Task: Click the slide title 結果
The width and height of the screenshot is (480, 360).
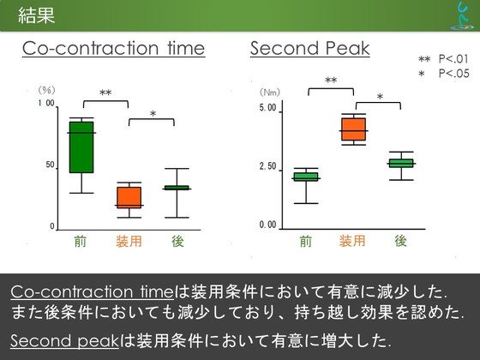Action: tap(36, 15)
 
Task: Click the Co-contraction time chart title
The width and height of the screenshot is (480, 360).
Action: tap(113, 48)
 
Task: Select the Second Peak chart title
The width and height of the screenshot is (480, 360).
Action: tap(309, 48)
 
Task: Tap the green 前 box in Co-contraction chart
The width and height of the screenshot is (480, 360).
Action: tap(81, 147)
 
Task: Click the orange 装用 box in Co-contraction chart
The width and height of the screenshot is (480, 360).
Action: tap(129, 197)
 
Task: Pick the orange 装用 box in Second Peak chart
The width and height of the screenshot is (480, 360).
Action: tap(353, 129)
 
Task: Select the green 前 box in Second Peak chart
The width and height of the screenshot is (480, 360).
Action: tap(306, 177)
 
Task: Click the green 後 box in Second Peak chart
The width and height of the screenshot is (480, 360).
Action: tap(401, 163)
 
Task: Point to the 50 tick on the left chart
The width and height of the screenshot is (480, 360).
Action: tap(51, 165)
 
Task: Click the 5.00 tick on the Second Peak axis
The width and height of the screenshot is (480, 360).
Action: tap(267, 108)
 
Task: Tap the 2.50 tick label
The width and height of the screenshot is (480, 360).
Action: tap(267, 167)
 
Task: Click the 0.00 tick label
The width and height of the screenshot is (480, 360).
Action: tap(267, 225)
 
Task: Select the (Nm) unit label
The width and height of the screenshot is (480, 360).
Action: tap(270, 93)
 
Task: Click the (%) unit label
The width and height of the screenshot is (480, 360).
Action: tap(46, 90)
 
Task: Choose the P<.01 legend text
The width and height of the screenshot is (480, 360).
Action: tap(453, 58)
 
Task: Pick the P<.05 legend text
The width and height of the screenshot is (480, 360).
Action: tap(454, 74)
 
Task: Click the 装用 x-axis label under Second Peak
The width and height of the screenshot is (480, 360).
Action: tap(352, 241)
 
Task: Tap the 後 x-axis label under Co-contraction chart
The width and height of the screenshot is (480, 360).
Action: tap(177, 242)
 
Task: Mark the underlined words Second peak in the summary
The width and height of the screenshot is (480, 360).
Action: tap(64, 340)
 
